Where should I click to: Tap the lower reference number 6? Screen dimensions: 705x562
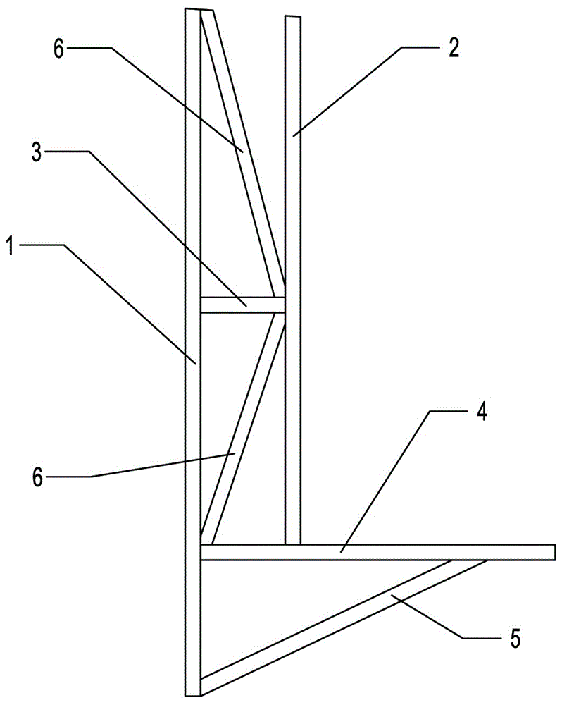click(x=38, y=477)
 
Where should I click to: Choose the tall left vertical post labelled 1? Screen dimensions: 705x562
click(x=193, y=423)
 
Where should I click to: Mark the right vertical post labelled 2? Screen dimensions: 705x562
click(x=293, y=211)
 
